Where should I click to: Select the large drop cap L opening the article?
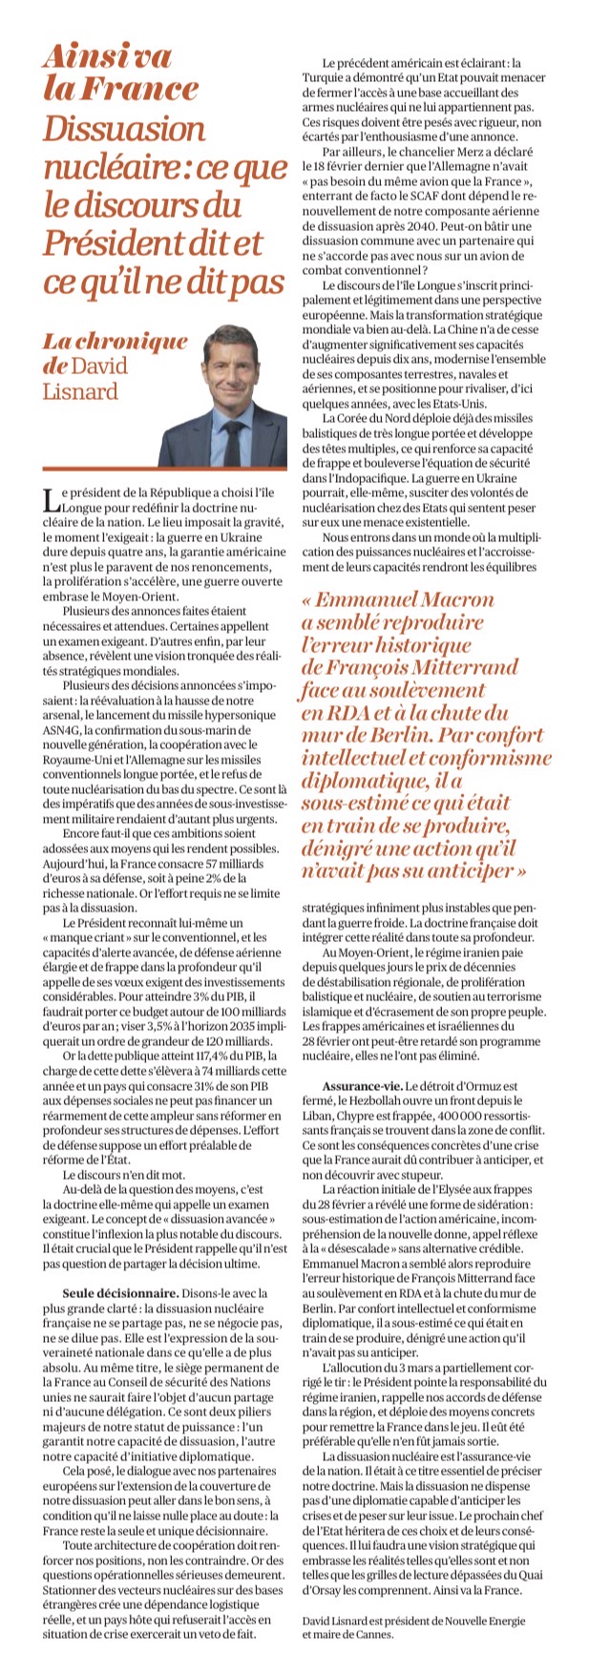coord(49,500)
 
